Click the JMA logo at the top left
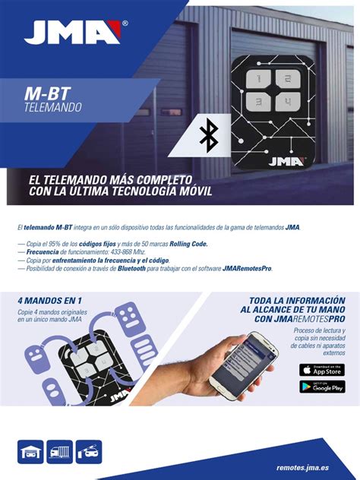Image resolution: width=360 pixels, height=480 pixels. pos(73,32)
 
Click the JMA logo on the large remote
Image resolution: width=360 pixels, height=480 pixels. pos(285,161)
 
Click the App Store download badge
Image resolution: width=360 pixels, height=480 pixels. pos(321,370)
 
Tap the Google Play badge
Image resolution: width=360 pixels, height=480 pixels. pos(321,387)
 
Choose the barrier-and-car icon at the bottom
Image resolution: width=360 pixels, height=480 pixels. pos(89,452)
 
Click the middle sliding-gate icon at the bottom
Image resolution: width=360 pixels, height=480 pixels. pos(60,452)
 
